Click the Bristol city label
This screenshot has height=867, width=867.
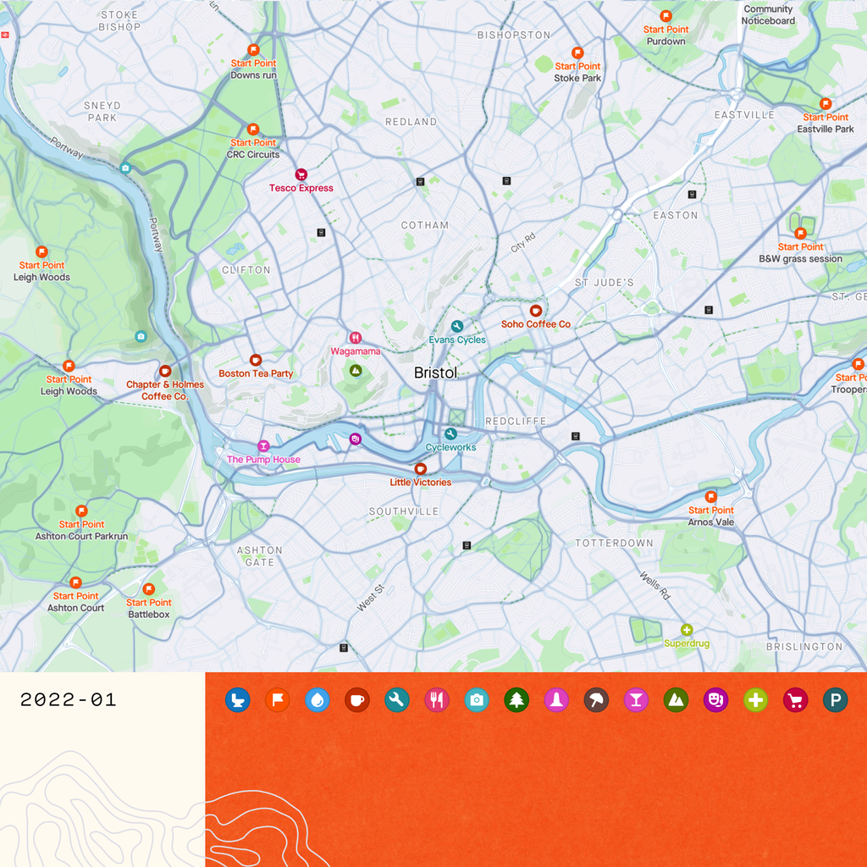coord(435,373)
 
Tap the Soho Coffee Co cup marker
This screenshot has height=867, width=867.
coord(535,311)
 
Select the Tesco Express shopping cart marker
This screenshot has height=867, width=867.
coord(301,174)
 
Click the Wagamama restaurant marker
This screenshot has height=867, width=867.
coord(355,338)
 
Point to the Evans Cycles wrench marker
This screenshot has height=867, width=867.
coord(457,326)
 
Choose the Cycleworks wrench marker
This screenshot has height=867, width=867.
coord(450,433)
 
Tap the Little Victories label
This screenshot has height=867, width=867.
coord(420,483)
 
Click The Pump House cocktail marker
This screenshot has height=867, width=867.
coord(263,446)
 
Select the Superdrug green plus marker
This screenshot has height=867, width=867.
coord(687,630)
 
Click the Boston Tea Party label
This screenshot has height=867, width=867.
coord(256,373)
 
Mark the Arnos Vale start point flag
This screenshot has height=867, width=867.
coord(711,497)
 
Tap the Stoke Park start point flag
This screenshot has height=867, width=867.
coord(577,52)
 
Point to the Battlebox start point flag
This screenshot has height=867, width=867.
coord(149,589)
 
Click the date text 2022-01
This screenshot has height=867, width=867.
coord(68,700)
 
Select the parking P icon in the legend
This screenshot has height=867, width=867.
coord(835,700)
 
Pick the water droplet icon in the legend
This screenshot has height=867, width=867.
coord(317,700)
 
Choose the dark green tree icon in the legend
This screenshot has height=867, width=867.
coord(516,700)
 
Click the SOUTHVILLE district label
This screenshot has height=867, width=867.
coord(403,511)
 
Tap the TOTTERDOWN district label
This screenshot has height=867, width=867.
coord(614,543)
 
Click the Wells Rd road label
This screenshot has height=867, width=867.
coord(654,585)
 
